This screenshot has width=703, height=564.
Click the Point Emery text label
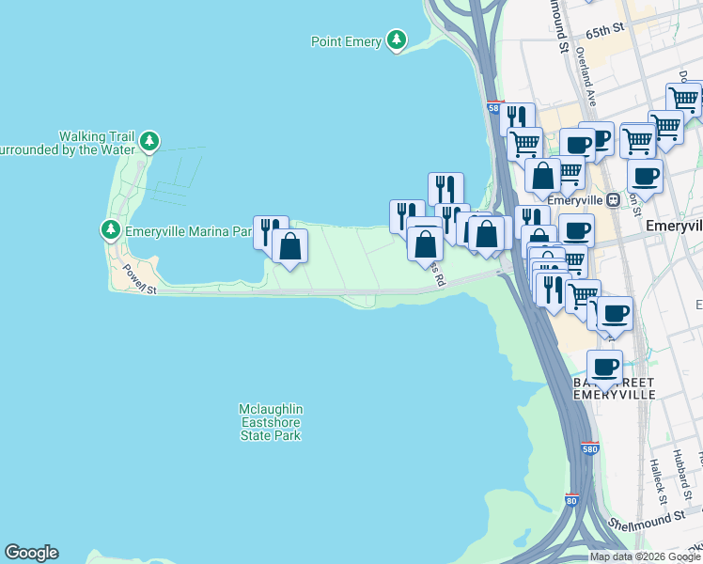coord(347,41)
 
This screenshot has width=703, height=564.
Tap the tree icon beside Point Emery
coord(398,40)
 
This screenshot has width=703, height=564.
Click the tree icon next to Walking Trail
coord(148,142)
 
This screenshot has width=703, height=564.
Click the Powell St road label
coord(138,279)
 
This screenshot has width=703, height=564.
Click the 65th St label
coord(604,32)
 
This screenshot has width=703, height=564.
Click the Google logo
coord(31,553)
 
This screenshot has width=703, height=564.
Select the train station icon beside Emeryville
coord(612,199)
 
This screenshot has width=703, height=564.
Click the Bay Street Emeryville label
coord(614,389)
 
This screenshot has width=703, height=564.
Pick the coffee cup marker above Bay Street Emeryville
coord(604,366)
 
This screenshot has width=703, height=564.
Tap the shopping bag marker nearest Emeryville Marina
coord(289,247)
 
